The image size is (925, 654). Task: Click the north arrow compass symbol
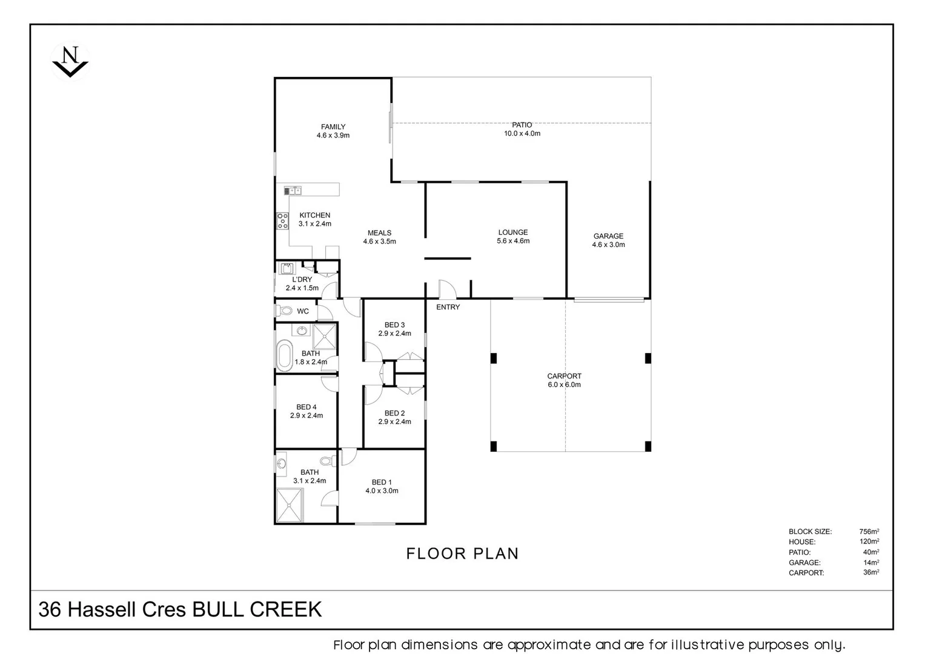[70, 61]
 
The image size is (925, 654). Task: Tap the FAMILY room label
[333, 131]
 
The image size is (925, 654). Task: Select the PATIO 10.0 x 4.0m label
[522, 129]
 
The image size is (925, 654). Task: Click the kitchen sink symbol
[293, 190]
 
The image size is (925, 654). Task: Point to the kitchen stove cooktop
[282, 220]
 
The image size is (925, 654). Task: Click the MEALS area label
[379, 237]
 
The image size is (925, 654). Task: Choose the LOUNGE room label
[513, 236]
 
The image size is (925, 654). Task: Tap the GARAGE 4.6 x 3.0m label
[608, 240]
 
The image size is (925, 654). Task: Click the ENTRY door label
[448, 307]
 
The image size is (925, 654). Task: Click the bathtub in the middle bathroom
[283, 355]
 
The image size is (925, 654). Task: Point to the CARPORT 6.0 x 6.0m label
[564, 380]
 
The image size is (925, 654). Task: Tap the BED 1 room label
[382, 486]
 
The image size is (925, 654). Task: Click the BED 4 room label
[306, 411]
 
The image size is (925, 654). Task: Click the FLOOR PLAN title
[462, 553]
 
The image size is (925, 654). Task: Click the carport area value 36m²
[870, 572]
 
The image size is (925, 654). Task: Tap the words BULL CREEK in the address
[257, 609]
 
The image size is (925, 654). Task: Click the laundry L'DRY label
[302, 283]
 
